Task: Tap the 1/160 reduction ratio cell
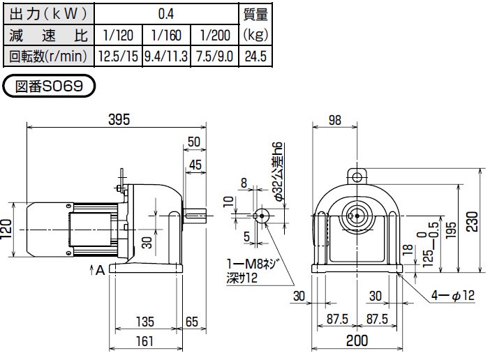coord(165,34)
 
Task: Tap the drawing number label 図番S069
coord(49,87)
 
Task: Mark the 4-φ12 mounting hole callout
coord(452,296)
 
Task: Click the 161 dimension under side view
coord(144,342)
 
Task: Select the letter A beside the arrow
coord(101,270)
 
